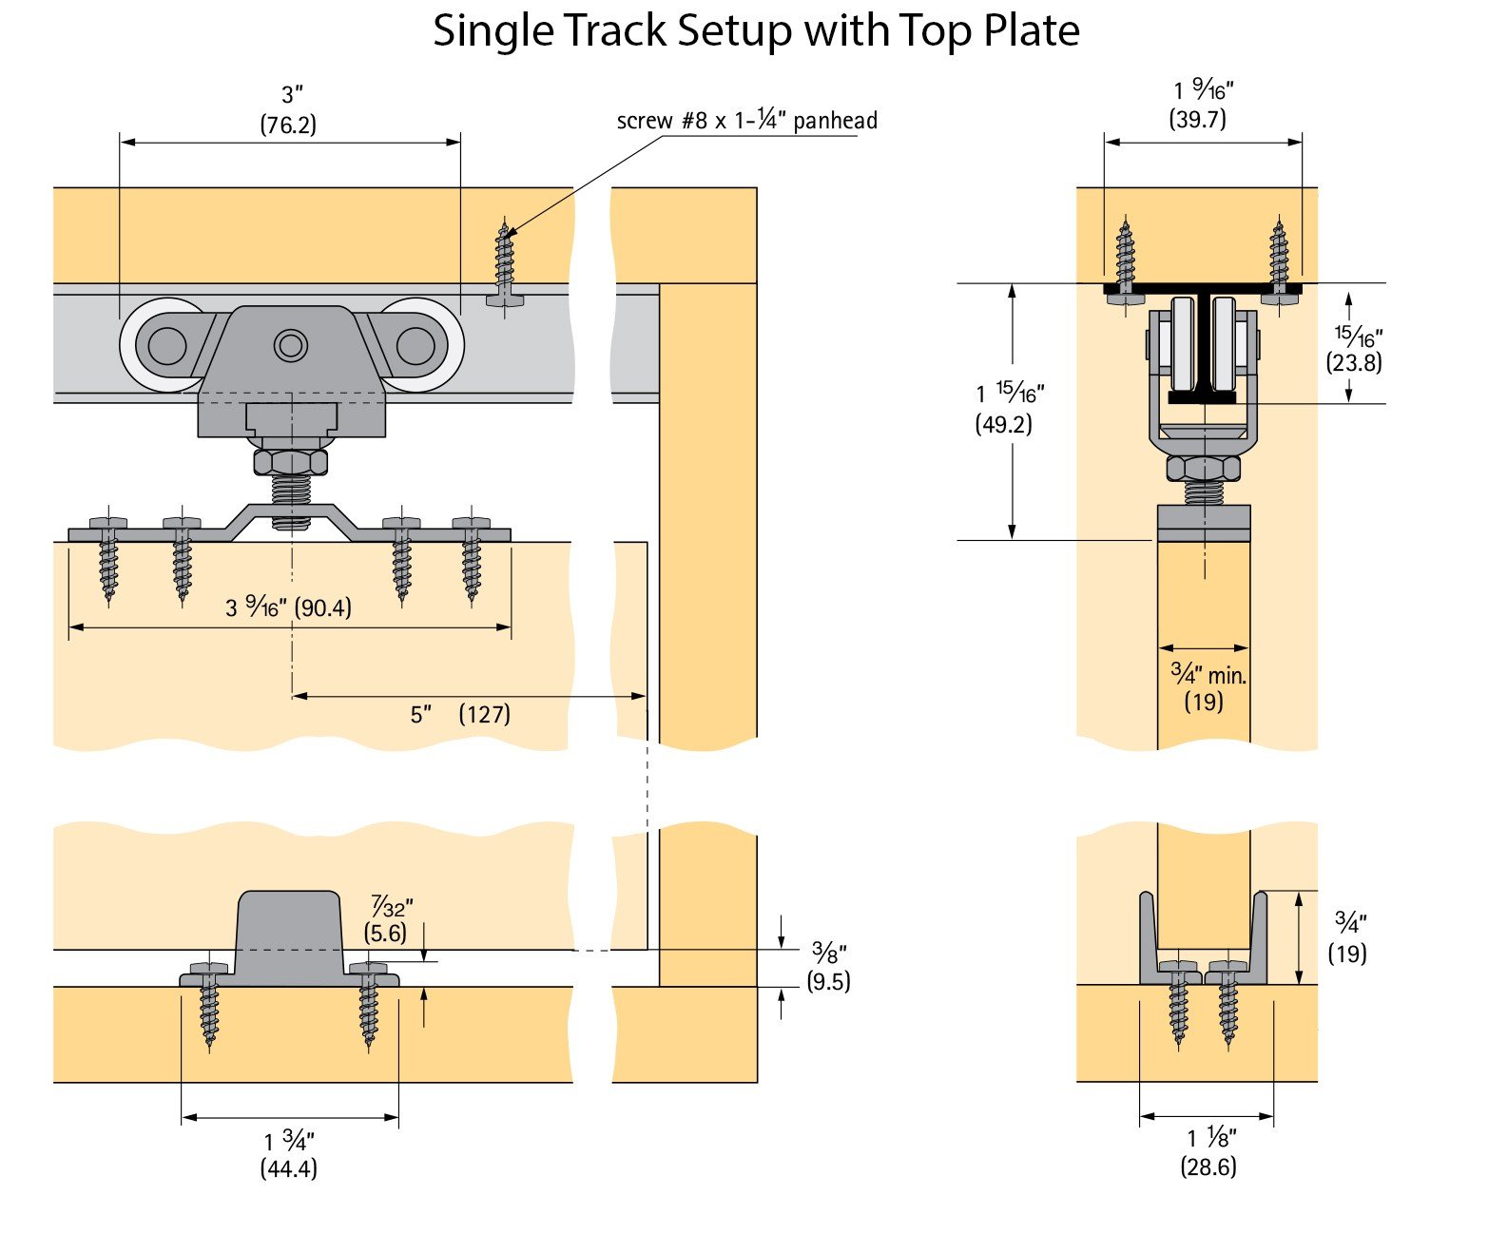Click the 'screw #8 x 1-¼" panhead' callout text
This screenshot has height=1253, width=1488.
(x=746, y=121)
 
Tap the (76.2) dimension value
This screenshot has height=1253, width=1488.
(x=288, y=125)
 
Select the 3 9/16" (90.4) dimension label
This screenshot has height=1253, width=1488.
(x=288, y=607)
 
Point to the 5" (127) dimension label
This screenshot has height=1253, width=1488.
(x=460, y=714)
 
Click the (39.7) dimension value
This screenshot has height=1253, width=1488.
(x=1197, y=119)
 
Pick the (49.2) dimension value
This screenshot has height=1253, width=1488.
(x=1003, y=424)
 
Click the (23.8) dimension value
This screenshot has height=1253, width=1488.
(x=1354, y=362)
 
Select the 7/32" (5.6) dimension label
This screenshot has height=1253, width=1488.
(x=388, y=919)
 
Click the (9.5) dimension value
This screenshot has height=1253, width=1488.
(x=828, y=981)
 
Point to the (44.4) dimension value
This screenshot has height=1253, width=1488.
(x=288, y=1168)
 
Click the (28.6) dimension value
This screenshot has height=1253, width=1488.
(x=1208, y=1166)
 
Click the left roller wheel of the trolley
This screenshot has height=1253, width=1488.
(x=166, y=346)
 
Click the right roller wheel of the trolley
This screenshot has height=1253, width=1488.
(x=415, y=346)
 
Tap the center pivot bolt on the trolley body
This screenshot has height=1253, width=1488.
(x=291, y=345)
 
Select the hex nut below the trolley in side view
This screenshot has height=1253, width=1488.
(x=291, y=463)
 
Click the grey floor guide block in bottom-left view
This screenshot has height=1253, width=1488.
(x=289, y=936)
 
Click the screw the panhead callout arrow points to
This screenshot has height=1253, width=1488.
(x=504, y=261)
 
